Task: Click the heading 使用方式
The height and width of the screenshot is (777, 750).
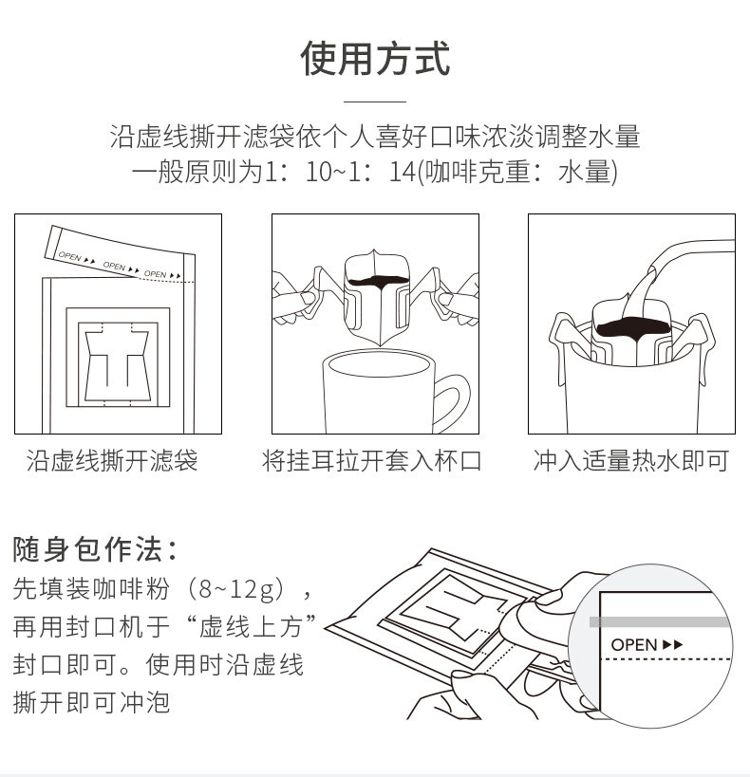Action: click(375, 59)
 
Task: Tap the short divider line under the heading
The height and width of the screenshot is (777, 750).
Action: click(375, 102)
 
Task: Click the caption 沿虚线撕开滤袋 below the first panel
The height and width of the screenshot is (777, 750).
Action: click(112, 462)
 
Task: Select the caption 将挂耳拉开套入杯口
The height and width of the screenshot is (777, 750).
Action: click(372, 462)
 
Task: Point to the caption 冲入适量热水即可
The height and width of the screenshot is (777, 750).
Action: click(631, 462)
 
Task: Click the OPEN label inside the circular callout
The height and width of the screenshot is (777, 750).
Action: click(635, 644)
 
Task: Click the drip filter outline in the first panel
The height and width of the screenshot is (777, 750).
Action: click(118, 365)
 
